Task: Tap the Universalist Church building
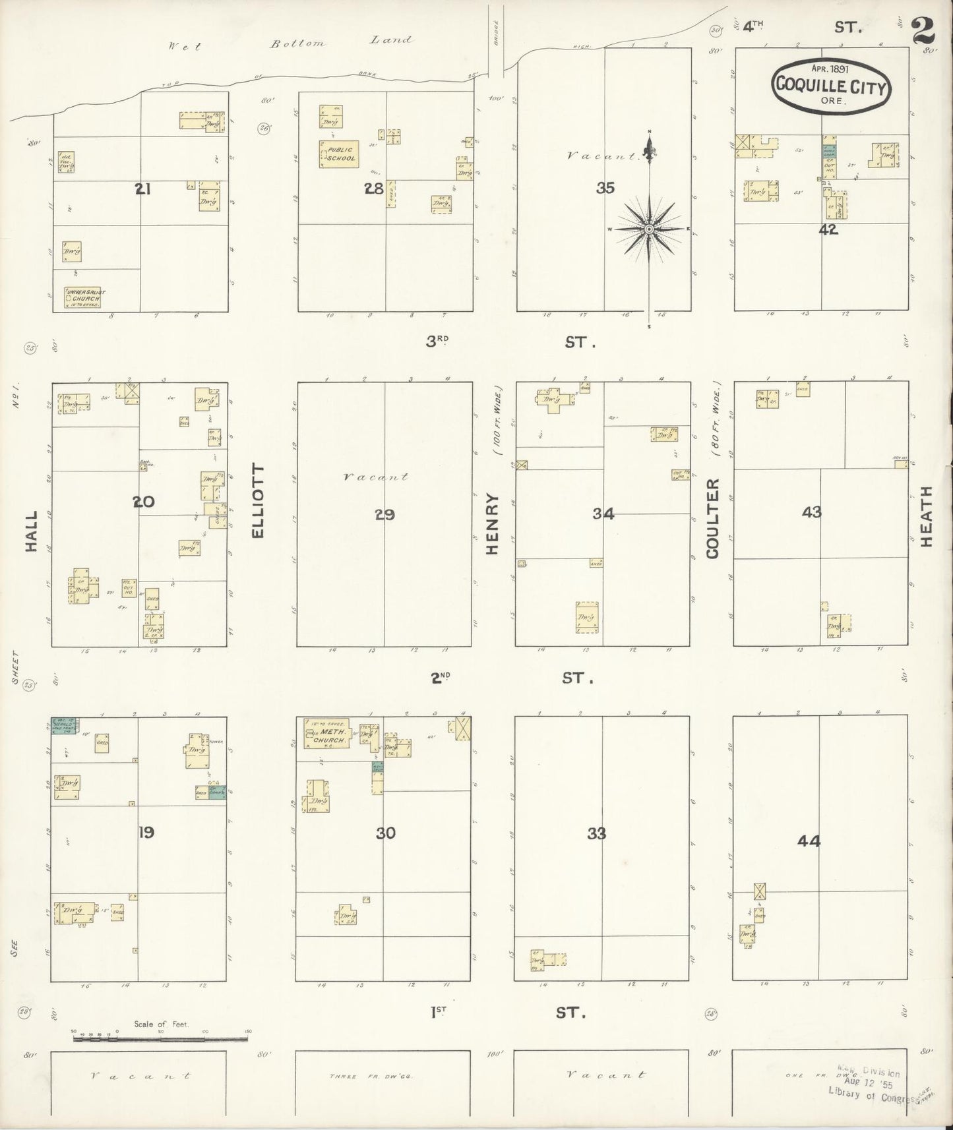tap(84, 297)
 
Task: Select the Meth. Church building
tap(326, 734)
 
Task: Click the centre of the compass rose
tap(649, 229)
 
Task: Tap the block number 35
tap(605, 188)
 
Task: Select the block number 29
tap(384, 515)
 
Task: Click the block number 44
tap(809, 841)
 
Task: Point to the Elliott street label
tap(258, 501)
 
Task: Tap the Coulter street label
tap(712, 519)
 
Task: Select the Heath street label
tap(927, 516)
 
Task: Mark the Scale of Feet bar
tap(160, 1039)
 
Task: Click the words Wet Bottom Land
tap(290, 44)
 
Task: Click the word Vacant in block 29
tap(376, 476)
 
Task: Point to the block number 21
tap(143, 189)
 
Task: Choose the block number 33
tap(596, 834)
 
